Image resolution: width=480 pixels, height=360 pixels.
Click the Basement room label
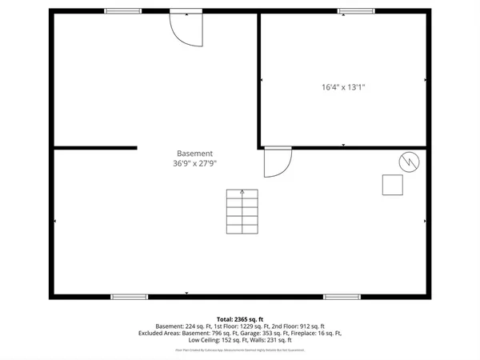pos(194,154)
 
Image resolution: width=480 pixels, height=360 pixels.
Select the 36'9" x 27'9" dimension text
pos(194,163)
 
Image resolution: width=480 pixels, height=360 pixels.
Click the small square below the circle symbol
pos(392,185)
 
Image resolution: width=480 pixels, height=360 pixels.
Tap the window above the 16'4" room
pos(356,11)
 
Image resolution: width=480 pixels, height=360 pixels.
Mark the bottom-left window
pos(129,297)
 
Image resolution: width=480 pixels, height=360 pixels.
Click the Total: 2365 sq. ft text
pos(239,319)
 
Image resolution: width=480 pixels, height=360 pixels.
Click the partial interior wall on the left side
pos(94,148)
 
